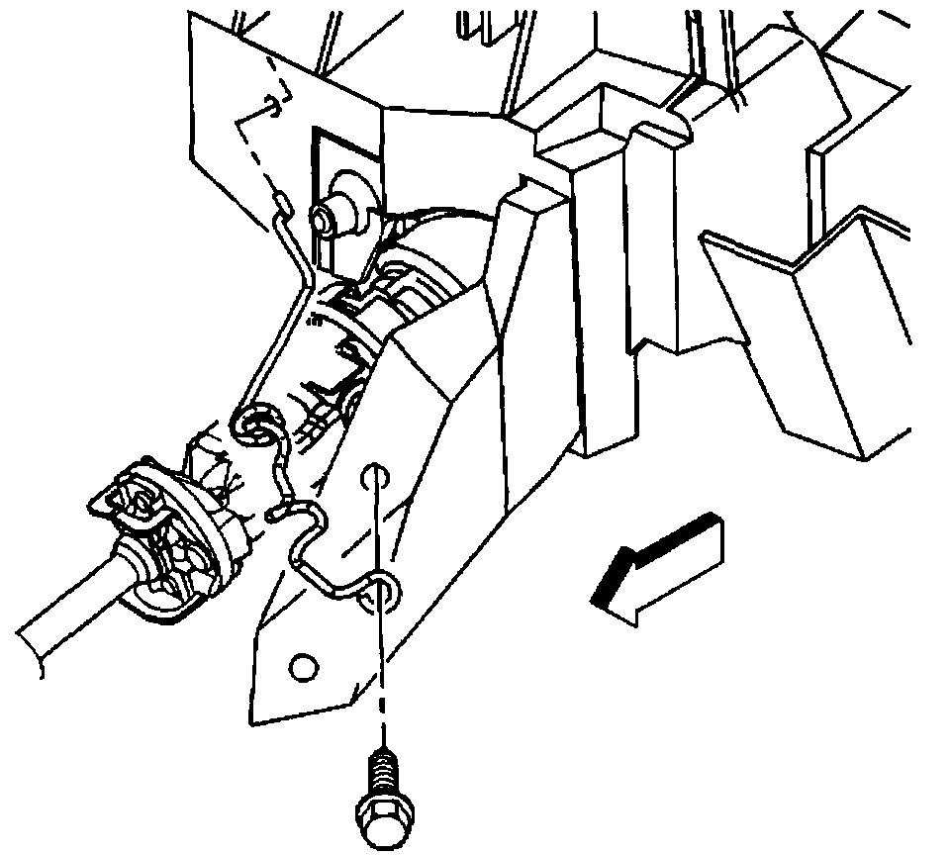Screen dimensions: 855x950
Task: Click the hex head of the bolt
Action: [376, 821]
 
